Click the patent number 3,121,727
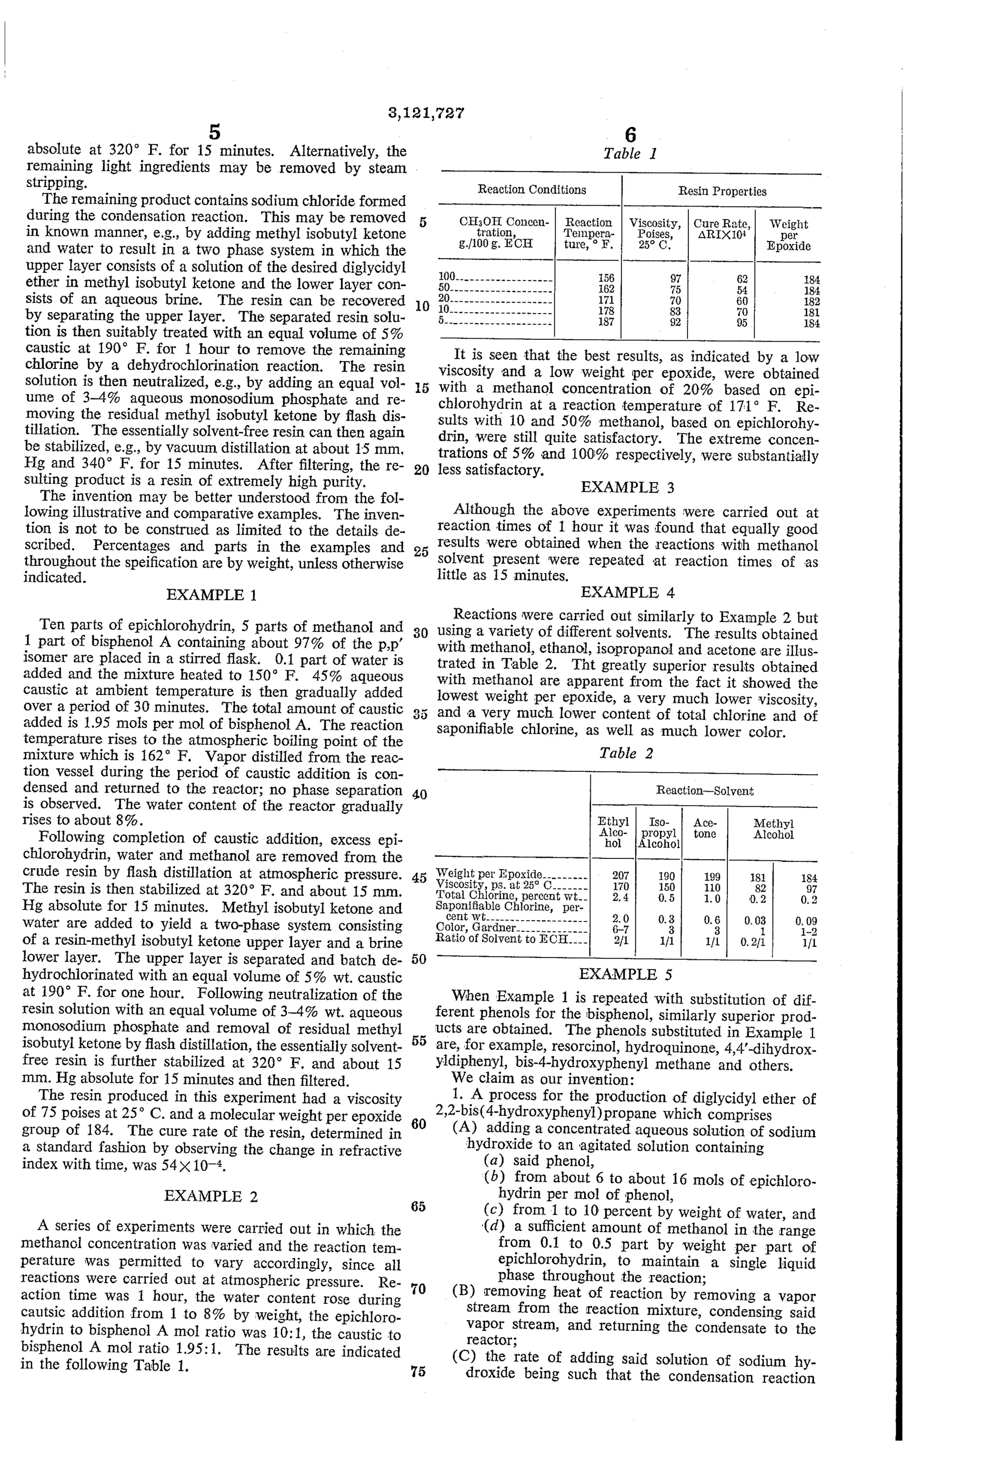click(425, 113)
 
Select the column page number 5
click(214, 132)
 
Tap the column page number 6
click(630, 134)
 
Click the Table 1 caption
click(630, 154)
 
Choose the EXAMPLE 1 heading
click(211, 594)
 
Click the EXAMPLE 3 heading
click(627, 487)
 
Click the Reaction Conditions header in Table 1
click(532, 190)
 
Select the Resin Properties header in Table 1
click(721, 191)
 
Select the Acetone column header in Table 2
click(704, 828)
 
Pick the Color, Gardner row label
click(476, 927)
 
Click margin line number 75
click(418, 1372)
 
